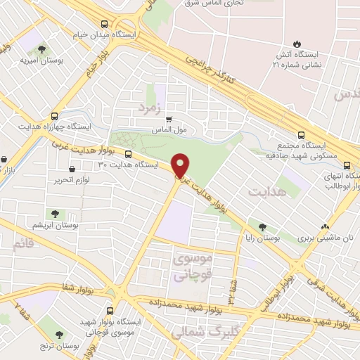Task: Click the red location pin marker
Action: point(181,165)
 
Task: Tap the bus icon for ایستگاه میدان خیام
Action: point(104,22)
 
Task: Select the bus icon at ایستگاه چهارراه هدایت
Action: point(55,116)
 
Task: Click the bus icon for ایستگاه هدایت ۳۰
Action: point(128,153)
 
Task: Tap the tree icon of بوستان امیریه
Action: point(41,50)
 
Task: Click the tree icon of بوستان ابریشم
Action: point(53,213)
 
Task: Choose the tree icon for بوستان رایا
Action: point(262,226)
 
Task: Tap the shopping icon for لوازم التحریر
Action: point(74,169)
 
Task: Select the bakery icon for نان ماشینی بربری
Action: point(324,226)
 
